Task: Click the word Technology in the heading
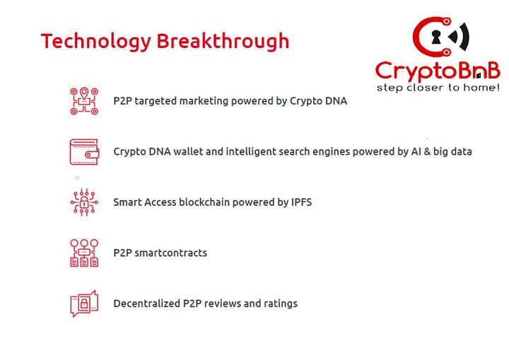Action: [96, 42]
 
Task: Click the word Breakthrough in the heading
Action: [223, 41]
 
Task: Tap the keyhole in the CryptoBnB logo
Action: [435, 37]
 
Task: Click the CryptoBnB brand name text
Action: [438, 71]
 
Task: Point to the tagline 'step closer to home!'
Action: [438, 88]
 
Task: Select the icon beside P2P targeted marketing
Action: [84, 101]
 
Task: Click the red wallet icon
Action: [84, 152]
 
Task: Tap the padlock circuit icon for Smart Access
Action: [84, 202]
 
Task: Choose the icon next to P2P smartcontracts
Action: [84, 253]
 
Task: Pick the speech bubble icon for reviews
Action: [84, 303]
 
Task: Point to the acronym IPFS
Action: [301, 202]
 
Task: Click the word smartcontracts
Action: [171, 253]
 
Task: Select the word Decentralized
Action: [147, 303]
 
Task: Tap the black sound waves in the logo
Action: [460, 37]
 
